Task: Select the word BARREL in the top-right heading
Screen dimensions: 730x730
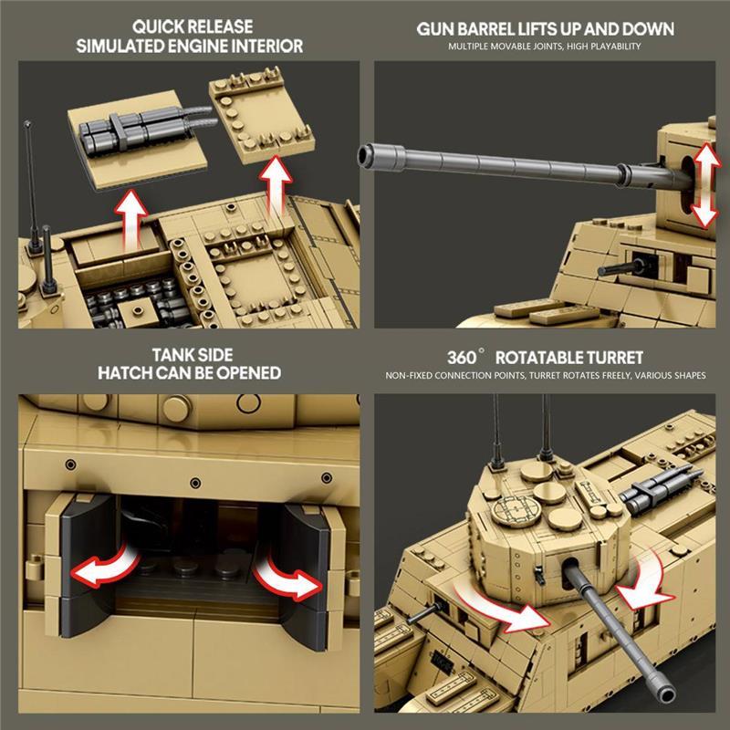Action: tap(487, 29)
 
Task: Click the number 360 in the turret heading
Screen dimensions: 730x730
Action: tap(462, 358)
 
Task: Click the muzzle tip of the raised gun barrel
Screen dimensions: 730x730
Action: tap(364, 155)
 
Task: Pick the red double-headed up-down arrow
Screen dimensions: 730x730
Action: tap(705, 185)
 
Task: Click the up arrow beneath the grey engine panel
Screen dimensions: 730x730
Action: tap(131, 219)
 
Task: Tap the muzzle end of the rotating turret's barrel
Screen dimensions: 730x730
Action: tap(666, 695)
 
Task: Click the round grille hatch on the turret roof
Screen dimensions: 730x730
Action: tap(514, 510)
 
